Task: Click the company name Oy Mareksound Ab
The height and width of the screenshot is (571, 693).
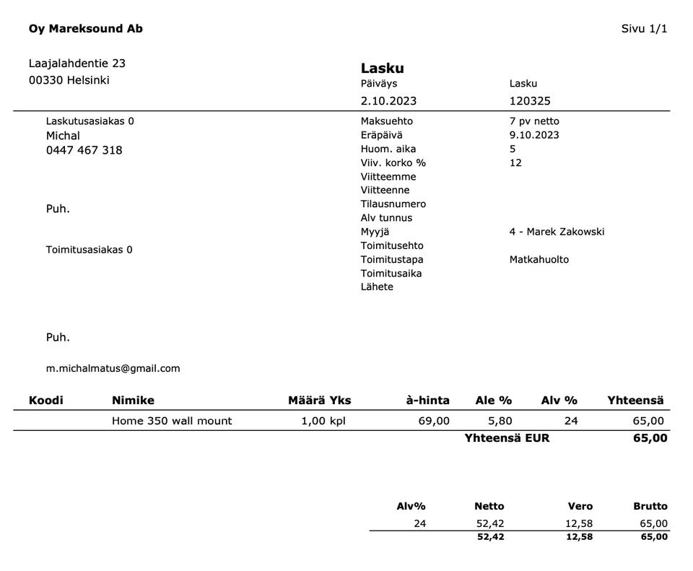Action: tap(86, 29)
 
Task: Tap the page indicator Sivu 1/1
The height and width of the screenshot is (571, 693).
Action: tap(644, 29)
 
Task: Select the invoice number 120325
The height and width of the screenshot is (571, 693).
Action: tap(530, 101)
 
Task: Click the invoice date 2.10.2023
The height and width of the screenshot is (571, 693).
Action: tap(388, 101)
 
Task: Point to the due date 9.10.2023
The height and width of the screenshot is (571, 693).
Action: tap(534, 135)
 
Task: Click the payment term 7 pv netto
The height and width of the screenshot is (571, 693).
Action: tap(534, 121)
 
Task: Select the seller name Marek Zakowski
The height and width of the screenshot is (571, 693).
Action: tap(565, 232)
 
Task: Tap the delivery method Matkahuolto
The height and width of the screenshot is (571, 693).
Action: tap(539, 259)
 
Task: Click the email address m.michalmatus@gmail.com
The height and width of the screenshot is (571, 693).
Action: tap(113, 368)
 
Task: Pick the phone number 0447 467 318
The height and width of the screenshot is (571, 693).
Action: tap(84, 150)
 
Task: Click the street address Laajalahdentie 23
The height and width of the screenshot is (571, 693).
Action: tap(77, 64)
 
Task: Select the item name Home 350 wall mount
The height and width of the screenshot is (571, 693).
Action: tap(172, 421)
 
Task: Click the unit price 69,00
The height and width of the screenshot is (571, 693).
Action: tap(434, 421)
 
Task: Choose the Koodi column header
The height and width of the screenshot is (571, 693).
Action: tap(45, 400)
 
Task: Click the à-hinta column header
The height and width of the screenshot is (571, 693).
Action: tap(427, 400)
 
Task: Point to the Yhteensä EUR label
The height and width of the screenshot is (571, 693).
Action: tap(507, 437)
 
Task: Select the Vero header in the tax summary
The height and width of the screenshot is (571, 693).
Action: tap(580, 506)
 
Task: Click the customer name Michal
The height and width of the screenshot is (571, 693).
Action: tap(63, 136)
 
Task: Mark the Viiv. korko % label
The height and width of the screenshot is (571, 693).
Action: tap(393, 162)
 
